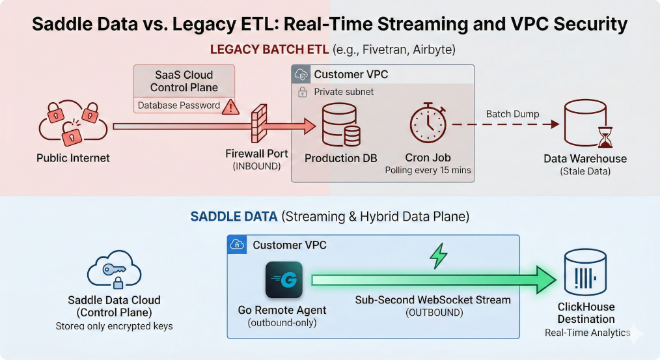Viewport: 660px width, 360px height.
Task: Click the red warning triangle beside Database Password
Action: (x=230, y=106)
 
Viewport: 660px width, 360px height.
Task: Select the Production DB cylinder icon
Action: (x=340, y=126)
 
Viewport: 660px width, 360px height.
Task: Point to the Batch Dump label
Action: (x=512, y=114)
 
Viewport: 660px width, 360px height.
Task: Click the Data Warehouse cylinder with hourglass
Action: (x=584, y=124)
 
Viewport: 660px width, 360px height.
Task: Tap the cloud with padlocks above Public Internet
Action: (x=72, y=122)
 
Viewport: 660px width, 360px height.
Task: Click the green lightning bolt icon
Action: (x=438, y=256)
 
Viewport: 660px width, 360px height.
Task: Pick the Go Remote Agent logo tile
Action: (x=284, y=279)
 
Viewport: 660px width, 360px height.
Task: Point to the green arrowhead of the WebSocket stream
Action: (x=545, y=280)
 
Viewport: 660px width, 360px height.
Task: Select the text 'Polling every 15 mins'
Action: (x=428, y=171)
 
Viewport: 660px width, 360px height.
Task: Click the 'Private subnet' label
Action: (x=344, y=92)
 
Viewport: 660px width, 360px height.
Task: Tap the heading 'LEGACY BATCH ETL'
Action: (x=269, y=49)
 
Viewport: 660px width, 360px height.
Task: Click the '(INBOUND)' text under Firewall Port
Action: (x=256, y=167)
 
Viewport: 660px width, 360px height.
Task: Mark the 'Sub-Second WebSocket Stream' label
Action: (x=433, y=300)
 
